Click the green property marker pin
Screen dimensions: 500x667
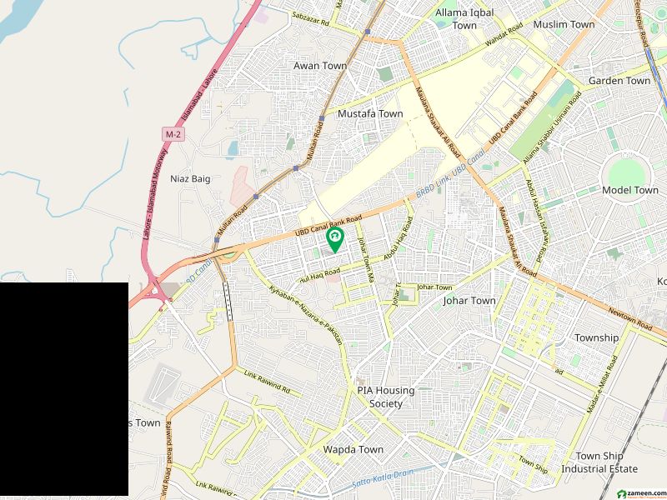334,241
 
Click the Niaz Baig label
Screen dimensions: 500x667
189,178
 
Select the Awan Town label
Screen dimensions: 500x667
320,65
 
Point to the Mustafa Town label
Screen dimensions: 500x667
370,113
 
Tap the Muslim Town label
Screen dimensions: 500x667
564,24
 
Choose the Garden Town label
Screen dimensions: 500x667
619,81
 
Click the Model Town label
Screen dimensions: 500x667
629,190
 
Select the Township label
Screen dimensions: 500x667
596,337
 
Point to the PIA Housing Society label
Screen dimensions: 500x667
386,397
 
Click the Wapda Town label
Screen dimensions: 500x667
354,449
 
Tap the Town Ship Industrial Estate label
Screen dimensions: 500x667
606,462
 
